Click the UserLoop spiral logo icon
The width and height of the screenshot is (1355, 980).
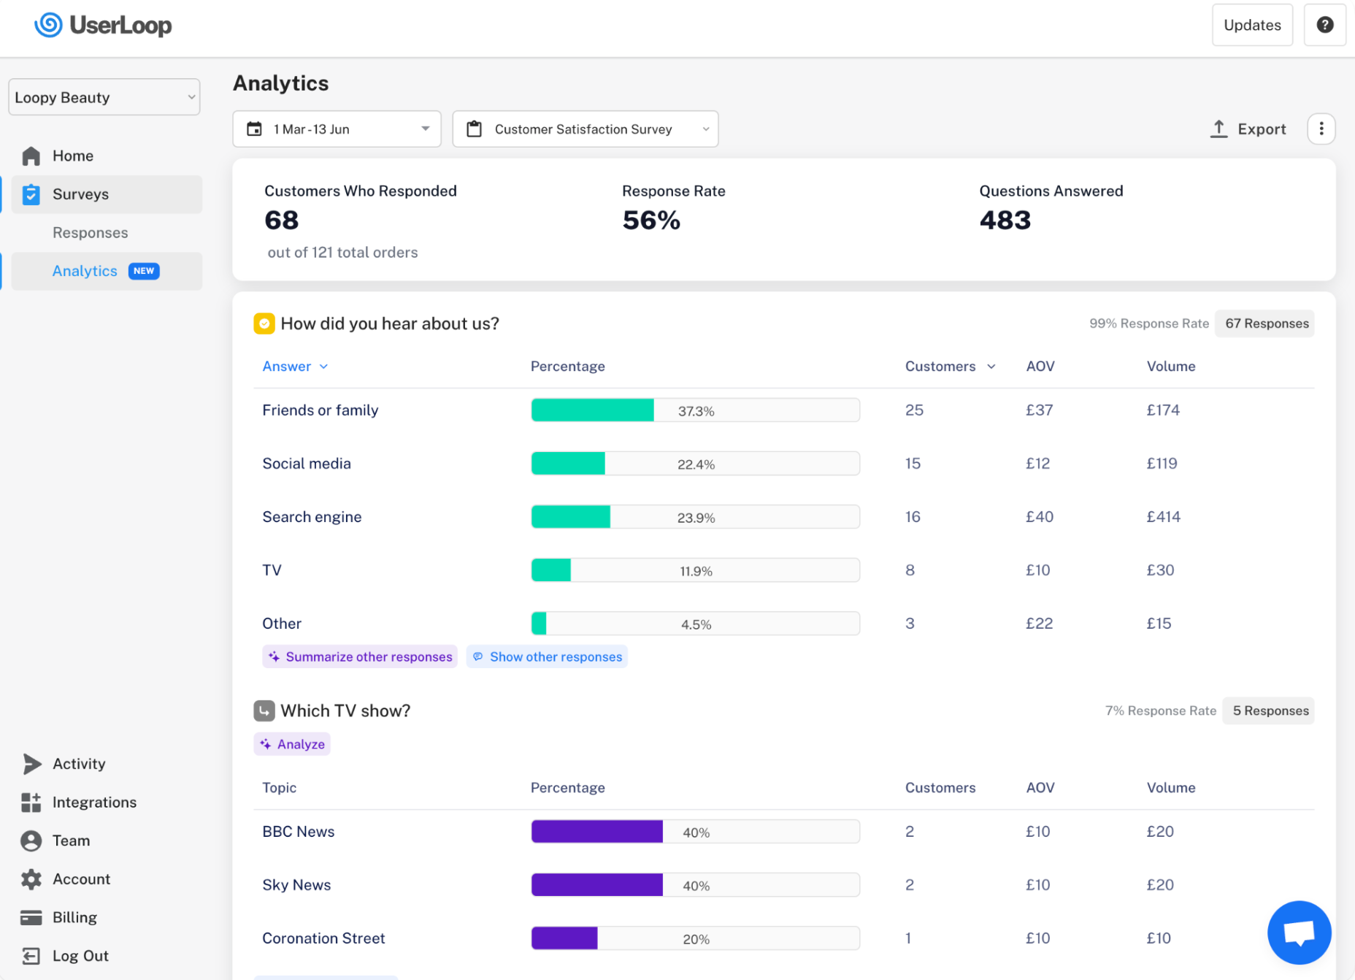[x=48, y=25]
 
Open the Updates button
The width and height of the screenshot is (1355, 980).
[x=1252, y=25]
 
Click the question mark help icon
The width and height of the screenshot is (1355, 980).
[x=1325, y=25]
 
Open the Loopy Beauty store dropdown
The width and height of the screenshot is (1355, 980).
[x=104, y=97]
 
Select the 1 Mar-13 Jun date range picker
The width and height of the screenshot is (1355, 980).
[x=337, y=129]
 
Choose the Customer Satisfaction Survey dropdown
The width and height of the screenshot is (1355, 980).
[x=586, y=129]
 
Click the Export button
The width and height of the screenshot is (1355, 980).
[x=1248, y=129]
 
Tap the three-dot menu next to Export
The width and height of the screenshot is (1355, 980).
[x=1321, y=129]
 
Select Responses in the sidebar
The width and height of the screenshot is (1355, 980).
[x=90, y=233]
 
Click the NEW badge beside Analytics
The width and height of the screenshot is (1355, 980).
[x=144, y=271]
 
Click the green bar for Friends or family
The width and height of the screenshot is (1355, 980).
[x=593, y=410]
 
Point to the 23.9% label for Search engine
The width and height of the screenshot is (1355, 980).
[x=696, y=518]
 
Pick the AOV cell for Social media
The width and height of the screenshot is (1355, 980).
[x=1037, y=464]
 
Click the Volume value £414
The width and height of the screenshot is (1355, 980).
[x=1163, y=517]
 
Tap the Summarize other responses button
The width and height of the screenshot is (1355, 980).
[x=360, y=656]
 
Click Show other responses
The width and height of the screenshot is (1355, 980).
[x=547, y=656]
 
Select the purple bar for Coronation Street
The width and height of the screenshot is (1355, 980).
[x=565, y=938]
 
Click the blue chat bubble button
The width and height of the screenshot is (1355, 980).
[x=1300, y=933]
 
